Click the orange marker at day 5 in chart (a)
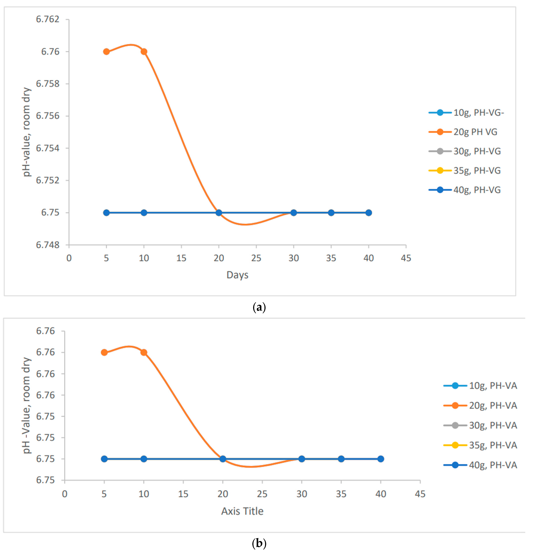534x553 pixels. (106, 52)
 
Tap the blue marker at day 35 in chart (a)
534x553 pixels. (331, 213)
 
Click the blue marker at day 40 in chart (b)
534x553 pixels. (381, 459)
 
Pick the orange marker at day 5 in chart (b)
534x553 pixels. (104, 352)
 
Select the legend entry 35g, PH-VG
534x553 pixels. (477, 170)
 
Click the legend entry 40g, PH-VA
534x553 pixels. (493, 465)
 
